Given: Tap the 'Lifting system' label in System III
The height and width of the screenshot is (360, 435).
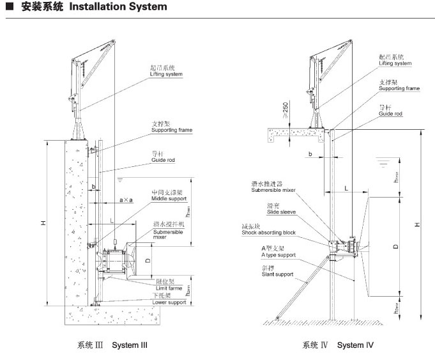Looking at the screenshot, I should tap(166, 74).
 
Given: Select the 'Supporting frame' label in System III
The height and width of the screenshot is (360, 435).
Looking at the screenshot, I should tap(172, 130).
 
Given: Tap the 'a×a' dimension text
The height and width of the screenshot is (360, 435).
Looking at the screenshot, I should tap(126, 200).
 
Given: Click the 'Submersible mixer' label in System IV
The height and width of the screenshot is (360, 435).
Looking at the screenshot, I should tap(273, 190).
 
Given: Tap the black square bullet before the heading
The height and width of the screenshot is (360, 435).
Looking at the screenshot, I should tap(8, 8).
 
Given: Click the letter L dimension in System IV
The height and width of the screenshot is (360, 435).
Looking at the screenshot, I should tap(346, 188).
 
